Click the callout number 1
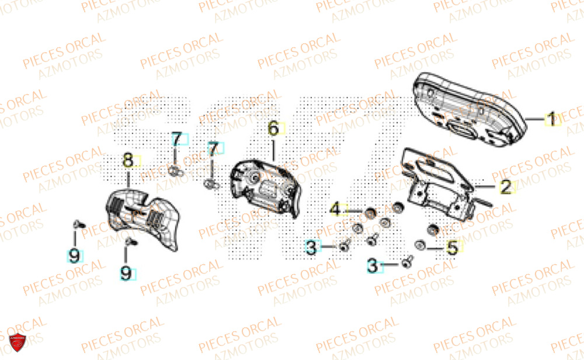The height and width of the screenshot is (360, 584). (550, 120)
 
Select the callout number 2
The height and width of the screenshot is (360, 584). (506, 187)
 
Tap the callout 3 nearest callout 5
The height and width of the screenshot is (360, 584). (373, 266)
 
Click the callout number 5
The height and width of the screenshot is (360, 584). (452, 248)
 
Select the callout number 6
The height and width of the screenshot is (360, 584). (273, 129)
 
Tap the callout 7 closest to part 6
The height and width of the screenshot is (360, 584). (213, 148)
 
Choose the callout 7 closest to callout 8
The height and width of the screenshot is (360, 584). (176, 140)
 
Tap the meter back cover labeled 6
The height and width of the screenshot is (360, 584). (266, 187)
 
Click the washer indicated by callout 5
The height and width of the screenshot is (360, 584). (419, 244)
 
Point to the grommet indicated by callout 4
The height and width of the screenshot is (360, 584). (369, 213)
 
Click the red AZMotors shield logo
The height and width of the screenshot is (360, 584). (17, 344)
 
